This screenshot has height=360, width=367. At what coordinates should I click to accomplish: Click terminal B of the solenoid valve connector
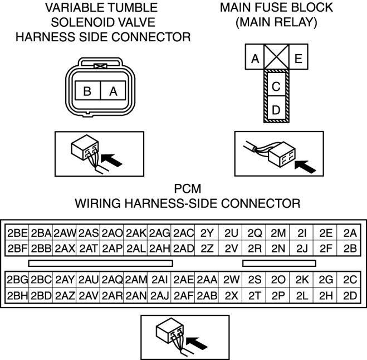tap(88, 91)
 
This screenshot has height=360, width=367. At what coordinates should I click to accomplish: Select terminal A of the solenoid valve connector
tap(113, 91)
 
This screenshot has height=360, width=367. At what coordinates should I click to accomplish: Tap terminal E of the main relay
tap(299, 57)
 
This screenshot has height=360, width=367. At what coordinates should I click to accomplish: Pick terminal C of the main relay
tap(276, 84)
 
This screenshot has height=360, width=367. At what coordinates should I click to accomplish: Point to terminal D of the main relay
tap(276, 108)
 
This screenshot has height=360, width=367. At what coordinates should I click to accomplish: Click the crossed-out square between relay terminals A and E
tap(276, 57)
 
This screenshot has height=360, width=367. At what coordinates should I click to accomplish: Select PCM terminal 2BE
tap(17, 233)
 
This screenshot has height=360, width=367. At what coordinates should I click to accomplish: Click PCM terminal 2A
tap(350, 233)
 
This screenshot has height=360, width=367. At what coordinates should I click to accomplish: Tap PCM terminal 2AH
tap(159, 249)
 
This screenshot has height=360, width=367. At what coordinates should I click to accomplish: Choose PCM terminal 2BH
tap(17, 295)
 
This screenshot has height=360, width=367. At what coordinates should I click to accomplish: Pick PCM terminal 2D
tap(350, 295)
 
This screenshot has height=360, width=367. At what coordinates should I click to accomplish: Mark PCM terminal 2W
tap(231, 280)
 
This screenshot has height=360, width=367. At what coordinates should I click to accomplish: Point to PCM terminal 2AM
tap(135, 280)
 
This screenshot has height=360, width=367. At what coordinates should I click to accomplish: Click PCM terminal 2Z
tap(207, 249)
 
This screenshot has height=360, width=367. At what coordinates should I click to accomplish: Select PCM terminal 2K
tap(302, 280)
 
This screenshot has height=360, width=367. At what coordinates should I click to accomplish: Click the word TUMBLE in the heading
tap(137, 7)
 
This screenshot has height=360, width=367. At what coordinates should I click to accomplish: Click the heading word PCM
tap(188, 188)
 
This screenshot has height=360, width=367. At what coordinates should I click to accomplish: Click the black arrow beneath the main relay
tap(305, 166)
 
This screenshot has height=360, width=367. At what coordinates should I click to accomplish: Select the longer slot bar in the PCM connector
tap(101, 263)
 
